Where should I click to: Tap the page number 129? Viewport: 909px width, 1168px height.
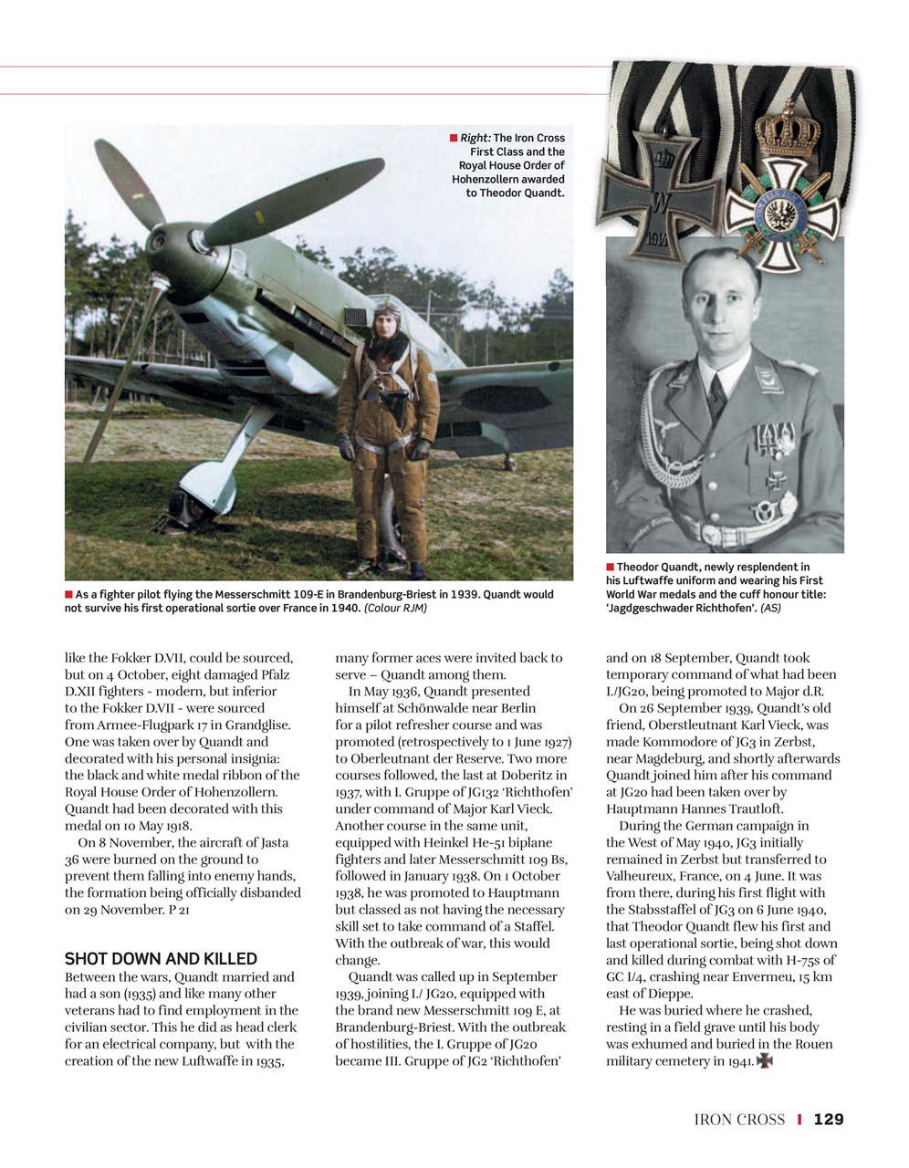(829, 1120)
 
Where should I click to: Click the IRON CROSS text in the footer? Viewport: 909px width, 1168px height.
(739, 1120)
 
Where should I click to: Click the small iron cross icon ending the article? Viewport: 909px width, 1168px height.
(765, 1061)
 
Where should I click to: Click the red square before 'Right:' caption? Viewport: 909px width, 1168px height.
(454, 138)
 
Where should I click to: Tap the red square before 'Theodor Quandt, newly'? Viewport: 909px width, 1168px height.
(611, 568)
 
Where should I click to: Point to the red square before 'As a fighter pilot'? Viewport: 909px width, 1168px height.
(69, 594)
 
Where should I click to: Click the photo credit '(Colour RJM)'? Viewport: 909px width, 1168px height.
(395, 608)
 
